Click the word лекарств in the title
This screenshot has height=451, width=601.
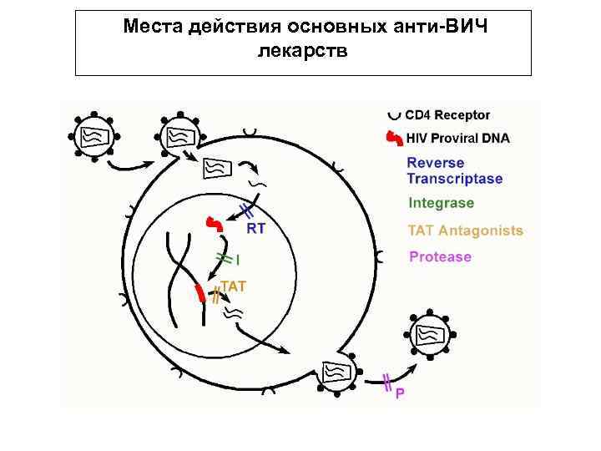point(301,52)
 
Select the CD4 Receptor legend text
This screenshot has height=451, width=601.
point(447,115)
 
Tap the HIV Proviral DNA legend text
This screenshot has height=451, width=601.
point(457,138)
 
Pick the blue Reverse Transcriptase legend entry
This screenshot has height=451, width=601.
point(454,170)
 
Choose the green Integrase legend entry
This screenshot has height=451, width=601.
point(441,203)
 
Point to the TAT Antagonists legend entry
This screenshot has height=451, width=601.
point(465,231)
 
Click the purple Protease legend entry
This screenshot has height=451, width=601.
point(440,256)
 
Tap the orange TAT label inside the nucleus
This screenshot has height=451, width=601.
point(233,286)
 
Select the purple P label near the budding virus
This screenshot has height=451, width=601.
point(400,393)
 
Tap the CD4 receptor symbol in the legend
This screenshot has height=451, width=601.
point(394,114)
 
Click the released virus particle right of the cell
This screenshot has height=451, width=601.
point(430,333)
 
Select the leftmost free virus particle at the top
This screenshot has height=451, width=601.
point(93,134)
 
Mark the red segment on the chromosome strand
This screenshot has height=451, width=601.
point(199,293)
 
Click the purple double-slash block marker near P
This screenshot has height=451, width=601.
point(386,382)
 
